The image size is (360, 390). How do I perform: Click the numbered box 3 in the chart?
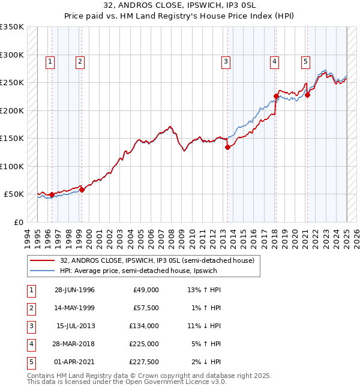pos(226,61)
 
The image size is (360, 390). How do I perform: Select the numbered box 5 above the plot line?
pos(305,61)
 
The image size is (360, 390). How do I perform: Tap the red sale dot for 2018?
pos(276,96)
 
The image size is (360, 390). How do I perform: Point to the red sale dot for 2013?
pos(227,147)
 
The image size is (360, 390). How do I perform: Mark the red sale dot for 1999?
pos(82,190)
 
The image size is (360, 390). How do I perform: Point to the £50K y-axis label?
pos(14,194)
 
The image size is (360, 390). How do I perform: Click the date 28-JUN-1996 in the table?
pos(74,290)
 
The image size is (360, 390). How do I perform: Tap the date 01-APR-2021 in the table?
pos(74,362)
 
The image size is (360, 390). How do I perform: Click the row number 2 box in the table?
pos(30,308)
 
